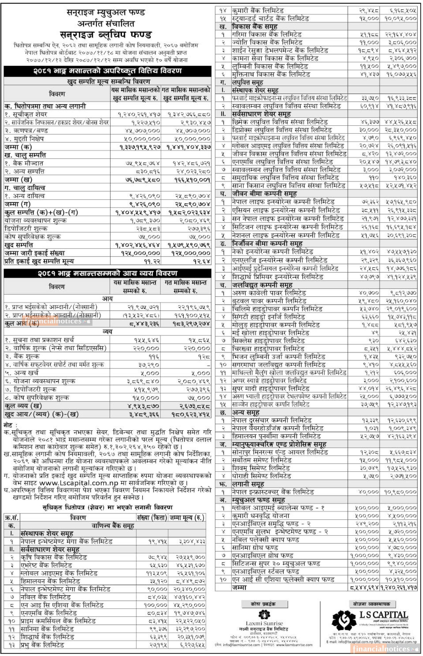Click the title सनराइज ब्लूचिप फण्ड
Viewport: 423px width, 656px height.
[106, 35]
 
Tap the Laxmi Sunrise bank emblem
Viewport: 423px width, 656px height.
[264, 614]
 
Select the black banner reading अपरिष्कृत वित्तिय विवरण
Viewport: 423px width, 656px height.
[107, 71]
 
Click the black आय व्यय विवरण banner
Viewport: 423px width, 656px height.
[107, 273]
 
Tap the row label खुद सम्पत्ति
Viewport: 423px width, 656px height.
[19, 245]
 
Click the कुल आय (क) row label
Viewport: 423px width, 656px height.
[22, 323]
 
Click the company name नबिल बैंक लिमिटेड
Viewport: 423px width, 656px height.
[46, 597]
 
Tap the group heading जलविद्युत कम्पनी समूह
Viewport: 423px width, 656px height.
[262, 285]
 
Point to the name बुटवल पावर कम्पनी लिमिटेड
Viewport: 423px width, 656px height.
[269, 301]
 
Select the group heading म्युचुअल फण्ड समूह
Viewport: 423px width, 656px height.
[259, 500]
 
